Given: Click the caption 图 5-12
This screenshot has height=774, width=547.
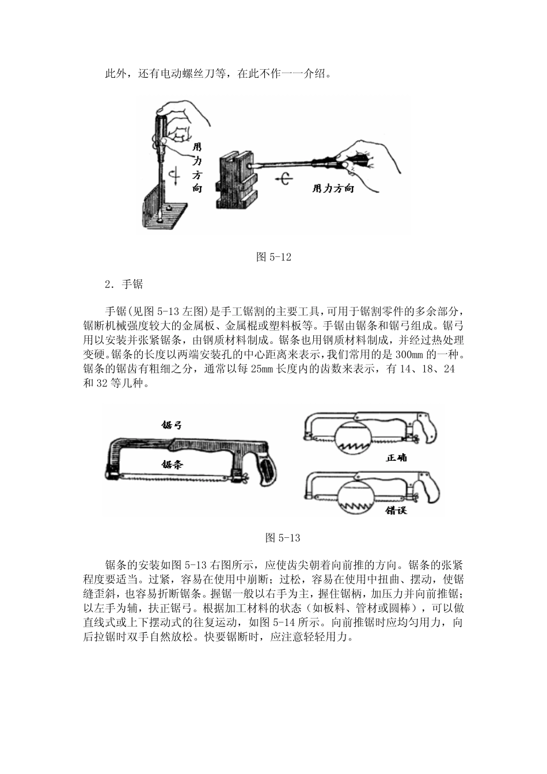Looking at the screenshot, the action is point(273,257).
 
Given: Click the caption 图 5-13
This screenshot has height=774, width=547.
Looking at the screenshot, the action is point(282,538).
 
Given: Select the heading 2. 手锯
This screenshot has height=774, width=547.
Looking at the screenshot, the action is point(124,284).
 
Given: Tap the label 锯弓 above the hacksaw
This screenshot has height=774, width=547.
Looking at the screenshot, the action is point(172,425).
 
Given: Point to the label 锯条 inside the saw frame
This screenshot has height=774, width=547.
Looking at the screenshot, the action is point(172,464).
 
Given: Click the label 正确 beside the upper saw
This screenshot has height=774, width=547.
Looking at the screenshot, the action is point(396,458).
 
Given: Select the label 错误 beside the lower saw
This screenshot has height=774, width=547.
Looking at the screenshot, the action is point(396,510).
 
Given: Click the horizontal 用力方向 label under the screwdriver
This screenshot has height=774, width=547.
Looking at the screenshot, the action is point(333,188).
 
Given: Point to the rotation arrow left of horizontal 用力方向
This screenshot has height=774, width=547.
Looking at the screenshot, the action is point(284,179).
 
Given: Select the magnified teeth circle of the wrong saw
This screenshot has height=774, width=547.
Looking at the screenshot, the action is point(355,495).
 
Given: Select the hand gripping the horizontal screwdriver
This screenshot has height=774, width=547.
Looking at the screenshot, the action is point(367,164).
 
